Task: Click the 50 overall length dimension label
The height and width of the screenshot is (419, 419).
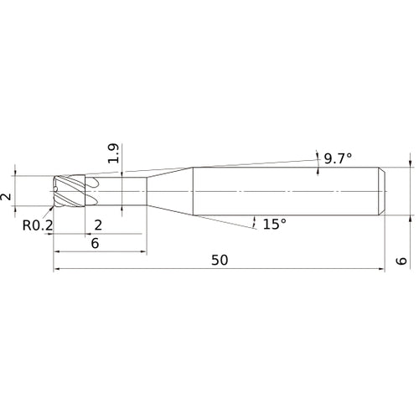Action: click(x=220, y=260)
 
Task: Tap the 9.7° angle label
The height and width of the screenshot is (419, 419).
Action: click(x=338, y=158)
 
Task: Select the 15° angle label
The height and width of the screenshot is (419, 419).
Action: click(x=275, y=224)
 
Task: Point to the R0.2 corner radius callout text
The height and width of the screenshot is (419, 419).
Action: click(x=38, y=225)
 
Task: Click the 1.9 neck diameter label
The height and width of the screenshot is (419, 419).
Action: click(x=114, y=153)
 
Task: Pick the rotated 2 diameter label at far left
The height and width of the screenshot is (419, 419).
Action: click(x=6, y=197)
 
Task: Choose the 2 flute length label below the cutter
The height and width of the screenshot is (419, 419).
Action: click(x=98, y=225)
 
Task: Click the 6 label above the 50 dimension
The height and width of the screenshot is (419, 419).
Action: click(x=95, y=243)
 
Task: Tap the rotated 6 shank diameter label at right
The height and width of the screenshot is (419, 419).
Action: click(x=401, y=261)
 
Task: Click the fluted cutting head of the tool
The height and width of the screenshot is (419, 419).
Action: click(x=70, y=191)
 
